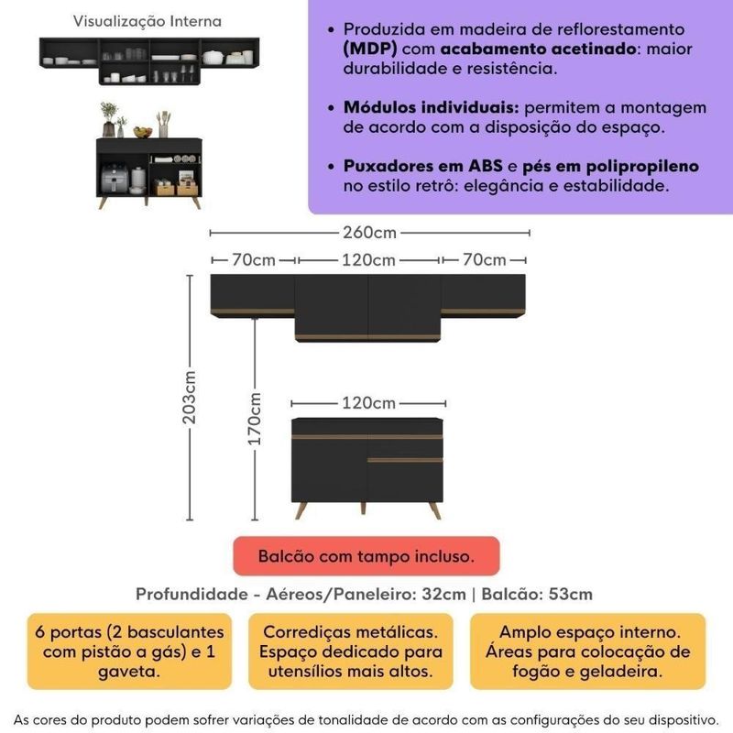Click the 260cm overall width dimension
coord(369,232)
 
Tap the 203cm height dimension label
coord(190,397)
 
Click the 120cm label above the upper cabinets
coord(368,260)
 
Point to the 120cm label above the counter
coord(368,403)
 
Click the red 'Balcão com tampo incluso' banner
coord(366,556)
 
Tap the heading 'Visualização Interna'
coord(147,20)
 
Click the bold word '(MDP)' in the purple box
coord(364,49)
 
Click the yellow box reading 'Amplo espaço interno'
coord(589,652)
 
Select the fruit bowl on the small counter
coord(142,132)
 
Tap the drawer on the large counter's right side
coord(406,443)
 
